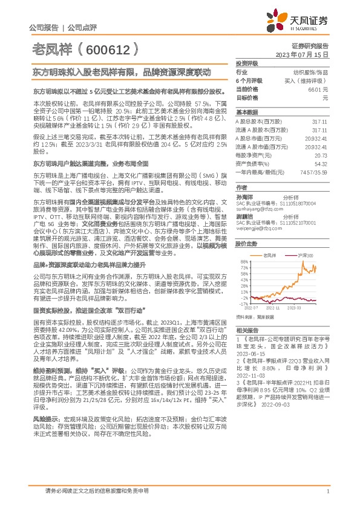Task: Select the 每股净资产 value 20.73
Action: point(321,155)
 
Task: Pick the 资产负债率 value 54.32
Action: point(321,163)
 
